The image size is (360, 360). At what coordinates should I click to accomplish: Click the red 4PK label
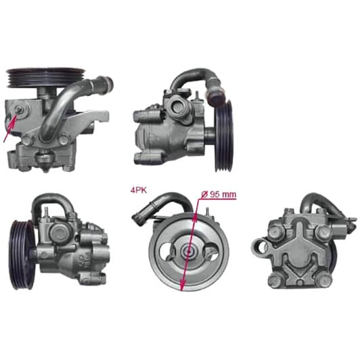tap(138, 190)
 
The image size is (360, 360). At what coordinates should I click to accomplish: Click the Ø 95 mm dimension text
tap(219, 194)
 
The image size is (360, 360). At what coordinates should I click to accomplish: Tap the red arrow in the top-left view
tap(10, 128)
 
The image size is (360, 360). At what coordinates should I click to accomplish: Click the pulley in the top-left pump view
tap(46, 77)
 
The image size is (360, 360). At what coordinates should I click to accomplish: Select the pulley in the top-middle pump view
tap(223, 136)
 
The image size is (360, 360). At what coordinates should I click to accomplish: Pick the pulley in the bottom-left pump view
tap(22, 254)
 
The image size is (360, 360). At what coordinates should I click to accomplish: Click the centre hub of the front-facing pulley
tap(188, 252)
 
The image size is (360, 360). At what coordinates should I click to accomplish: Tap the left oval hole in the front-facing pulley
tap(167, 252)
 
